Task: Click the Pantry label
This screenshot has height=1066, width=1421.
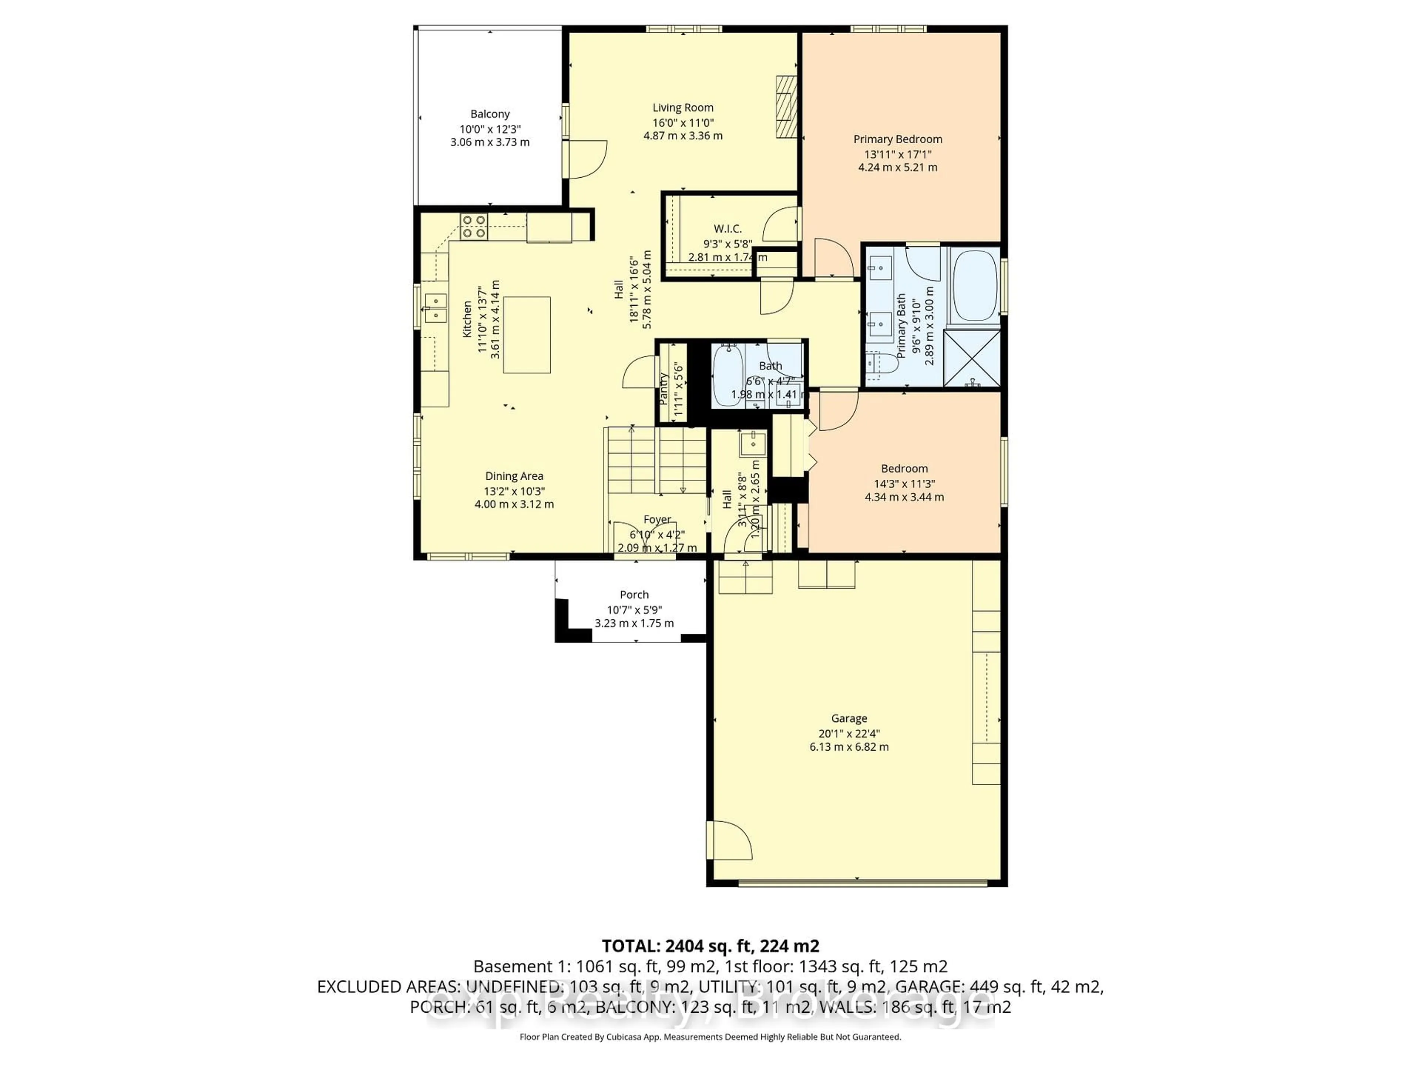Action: click(x=664, y=389)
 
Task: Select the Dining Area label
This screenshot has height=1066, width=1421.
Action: click(x=514, y=476)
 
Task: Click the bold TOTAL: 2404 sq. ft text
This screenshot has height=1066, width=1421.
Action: click(x=710, y=946)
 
